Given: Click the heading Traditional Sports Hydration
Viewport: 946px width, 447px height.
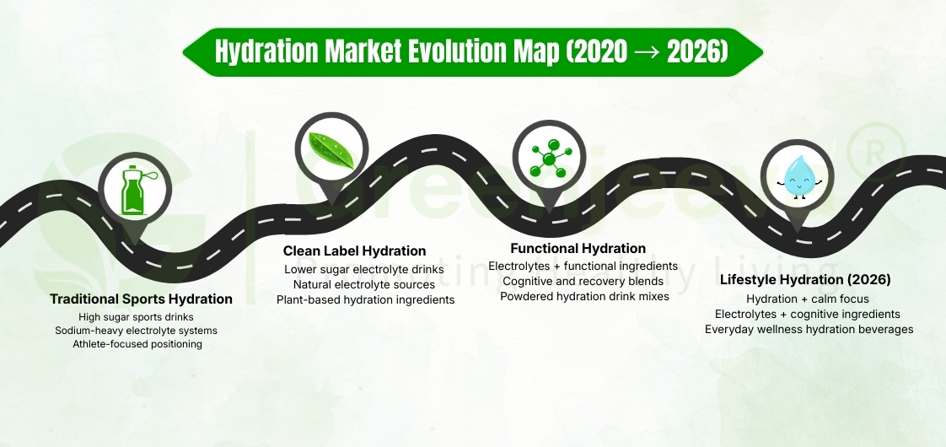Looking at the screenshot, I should (x=141, y=299).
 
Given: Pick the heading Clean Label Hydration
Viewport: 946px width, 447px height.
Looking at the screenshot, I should (x=355, y=251).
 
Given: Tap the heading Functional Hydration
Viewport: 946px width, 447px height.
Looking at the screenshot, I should (x=578, y=249).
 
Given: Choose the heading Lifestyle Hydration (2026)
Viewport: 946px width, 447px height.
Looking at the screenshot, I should (x=805, y=280).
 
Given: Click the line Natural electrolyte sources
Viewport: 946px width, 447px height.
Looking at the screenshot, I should (x=364, y=285).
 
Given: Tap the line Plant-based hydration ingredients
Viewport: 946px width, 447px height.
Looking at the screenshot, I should (x=366, y=299).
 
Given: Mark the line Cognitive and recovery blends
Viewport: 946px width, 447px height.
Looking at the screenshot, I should (x=583, y=281).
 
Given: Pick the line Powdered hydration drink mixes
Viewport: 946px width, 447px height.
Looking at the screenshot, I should (x=583, y=296).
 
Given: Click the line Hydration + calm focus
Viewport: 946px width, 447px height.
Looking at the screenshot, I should (x=807, y=299).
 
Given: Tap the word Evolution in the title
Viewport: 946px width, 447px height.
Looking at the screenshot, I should (x=455, y=52).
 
